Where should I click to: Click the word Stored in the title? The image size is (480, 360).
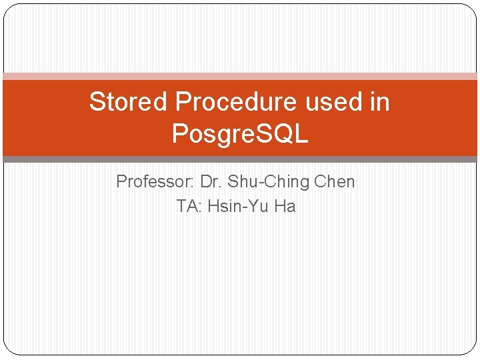coord(129,102)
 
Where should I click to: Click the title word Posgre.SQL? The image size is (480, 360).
coord(240,134)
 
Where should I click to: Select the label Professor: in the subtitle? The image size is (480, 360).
coord(155,182)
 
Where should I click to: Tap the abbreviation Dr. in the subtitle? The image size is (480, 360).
coord(211,182)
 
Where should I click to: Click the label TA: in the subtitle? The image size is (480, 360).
coord(189,207)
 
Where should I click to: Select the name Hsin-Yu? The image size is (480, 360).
coord(238,207)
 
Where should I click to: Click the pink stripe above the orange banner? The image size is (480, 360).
coord(240,77)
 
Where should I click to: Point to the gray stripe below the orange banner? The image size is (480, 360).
coord(240,159)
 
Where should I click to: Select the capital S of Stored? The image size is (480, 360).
coord(97,102)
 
